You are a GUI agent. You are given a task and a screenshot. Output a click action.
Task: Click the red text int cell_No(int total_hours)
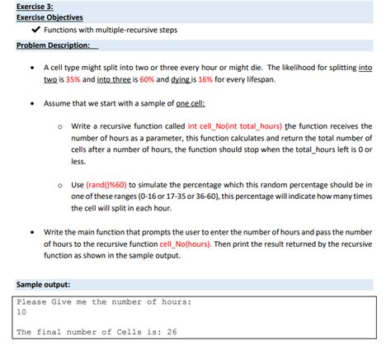(x=235, y=126)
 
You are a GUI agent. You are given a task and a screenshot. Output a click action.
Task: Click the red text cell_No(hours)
(x=186, y=245)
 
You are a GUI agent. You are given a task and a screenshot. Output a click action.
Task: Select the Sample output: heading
(x=43, y=286)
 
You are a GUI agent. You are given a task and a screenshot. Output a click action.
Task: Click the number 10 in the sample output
(x=22, y=314)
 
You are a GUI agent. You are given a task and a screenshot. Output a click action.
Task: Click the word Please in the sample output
(x=32, y=302)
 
